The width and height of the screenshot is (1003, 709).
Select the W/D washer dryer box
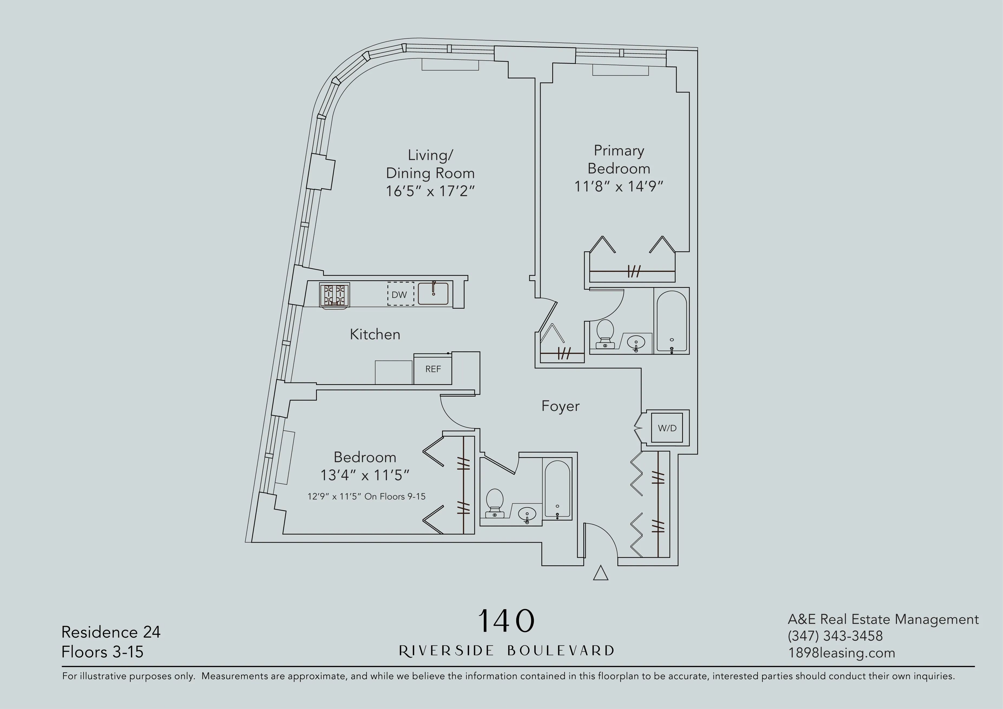pyautogui.click(x=667, y=428)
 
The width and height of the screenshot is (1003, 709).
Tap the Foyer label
pyautogui.click(x=560, y=406)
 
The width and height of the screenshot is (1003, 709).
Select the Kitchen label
pyautogui.click(x=375, y=334)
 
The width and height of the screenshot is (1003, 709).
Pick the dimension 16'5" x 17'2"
pyautogui.click(x=430, y=191)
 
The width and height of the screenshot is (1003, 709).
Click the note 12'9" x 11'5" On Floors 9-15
pyautogui.click(x=366, y=496)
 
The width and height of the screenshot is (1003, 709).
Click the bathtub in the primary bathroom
pyautogui.click(x=672, y=321)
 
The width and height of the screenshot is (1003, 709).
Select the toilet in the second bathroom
pyautogui.click(x=495, y=503)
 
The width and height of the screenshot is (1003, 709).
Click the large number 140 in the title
pyautogui.click(x=506, y=621)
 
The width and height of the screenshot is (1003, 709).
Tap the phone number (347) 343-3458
pyautogui.click(x=835, y=636)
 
